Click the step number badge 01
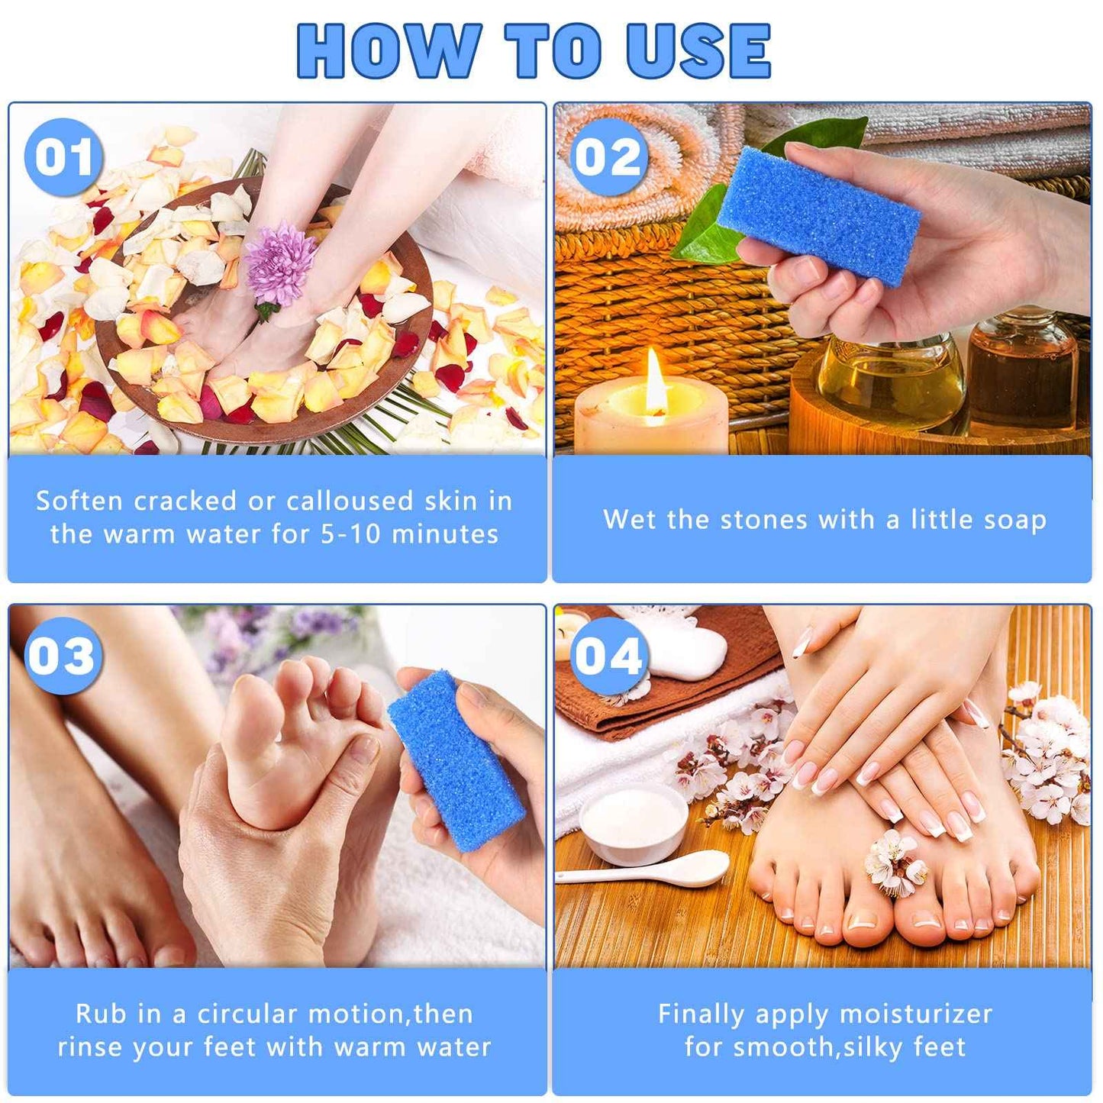[x=63, y=157]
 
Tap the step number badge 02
[x=608, y=157]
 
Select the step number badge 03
[x=63, y=656]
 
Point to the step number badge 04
[x=608, y=656]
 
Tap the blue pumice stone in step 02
[x=818, y=215]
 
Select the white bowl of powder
[x=634, y=823]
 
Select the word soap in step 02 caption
[x=1014, y=520]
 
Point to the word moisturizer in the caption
[x=915, y=1014]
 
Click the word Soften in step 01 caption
[x=79, y=501]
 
